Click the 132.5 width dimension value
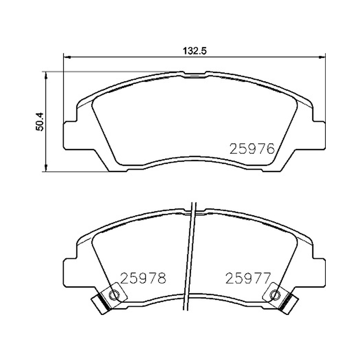pyautogui.click(x=195, y=51)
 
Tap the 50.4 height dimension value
pyautogui.click(x=40, y=121)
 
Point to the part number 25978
pyautogui.click(x=143, y=278)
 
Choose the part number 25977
pyautogui.click(x=248, y=278)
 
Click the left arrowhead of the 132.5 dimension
pyautogui.click(x=66, y=57)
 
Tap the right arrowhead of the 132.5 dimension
pyautogui.click(x=322, y=57)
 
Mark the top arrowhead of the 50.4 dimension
pyautogui.click(x=46, y=75)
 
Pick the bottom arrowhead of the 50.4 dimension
pyautogui.click(x=46, y=168)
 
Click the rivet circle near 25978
pyautogui.click(x=114, y=294)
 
